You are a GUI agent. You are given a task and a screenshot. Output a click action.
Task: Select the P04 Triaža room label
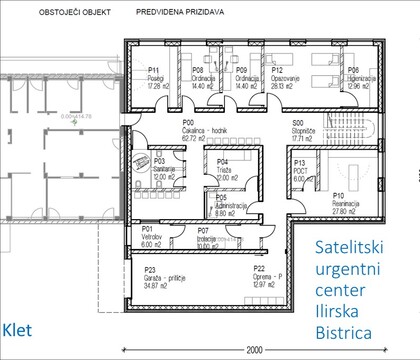226,165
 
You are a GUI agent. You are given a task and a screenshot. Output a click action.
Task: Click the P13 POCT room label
303,168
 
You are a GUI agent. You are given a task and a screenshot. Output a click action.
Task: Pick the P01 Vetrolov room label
152,235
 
